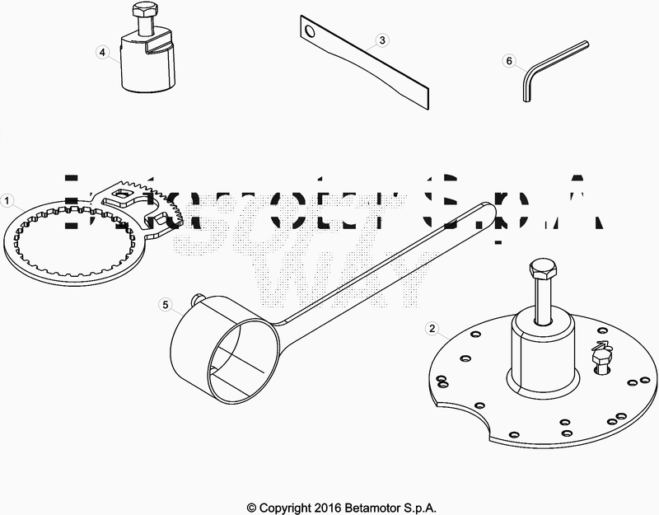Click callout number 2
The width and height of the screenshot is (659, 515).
(430, 328)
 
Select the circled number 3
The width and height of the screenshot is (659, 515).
(381, 40)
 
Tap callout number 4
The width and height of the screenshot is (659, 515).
(102, 52)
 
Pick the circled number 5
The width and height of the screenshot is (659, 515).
(166, 305)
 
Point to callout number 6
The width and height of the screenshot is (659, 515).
(508, 61)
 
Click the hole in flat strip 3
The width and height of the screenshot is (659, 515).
(309, 32)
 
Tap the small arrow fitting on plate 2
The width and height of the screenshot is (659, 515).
(601, 353)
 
